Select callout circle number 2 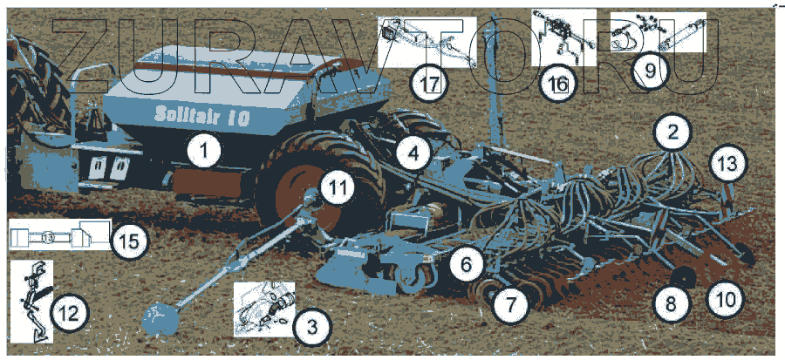point(672,132)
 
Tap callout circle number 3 point(311,328)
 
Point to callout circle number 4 point(413,153)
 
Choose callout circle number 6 point(467,263)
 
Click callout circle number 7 point(510,303)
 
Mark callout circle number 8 point(672,303)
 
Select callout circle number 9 point(649,71)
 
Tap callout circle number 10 point(726,300)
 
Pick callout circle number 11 point(337,188)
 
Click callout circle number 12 point(69,314)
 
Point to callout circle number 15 point(129,241)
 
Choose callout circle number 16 point(559,84)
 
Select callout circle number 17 point(429,84)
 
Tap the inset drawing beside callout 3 point(264,309)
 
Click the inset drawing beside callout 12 point(32,301)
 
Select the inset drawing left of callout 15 point(60,234)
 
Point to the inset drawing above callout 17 point(427,42)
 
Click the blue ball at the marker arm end point(160,318)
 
